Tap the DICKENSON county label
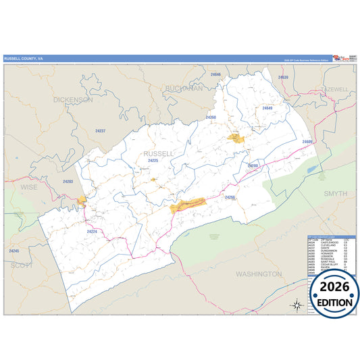point(72,99)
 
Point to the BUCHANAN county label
point(183,88)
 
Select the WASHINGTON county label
point(259,274)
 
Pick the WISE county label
point(29,186)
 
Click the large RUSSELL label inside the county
point(159,153)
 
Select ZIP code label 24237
point(101,130)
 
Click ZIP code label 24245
point(14,251)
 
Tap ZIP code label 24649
point(267,108)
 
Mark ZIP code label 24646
point(215,74)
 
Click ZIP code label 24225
point(153,161)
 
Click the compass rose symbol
point(296,305)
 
